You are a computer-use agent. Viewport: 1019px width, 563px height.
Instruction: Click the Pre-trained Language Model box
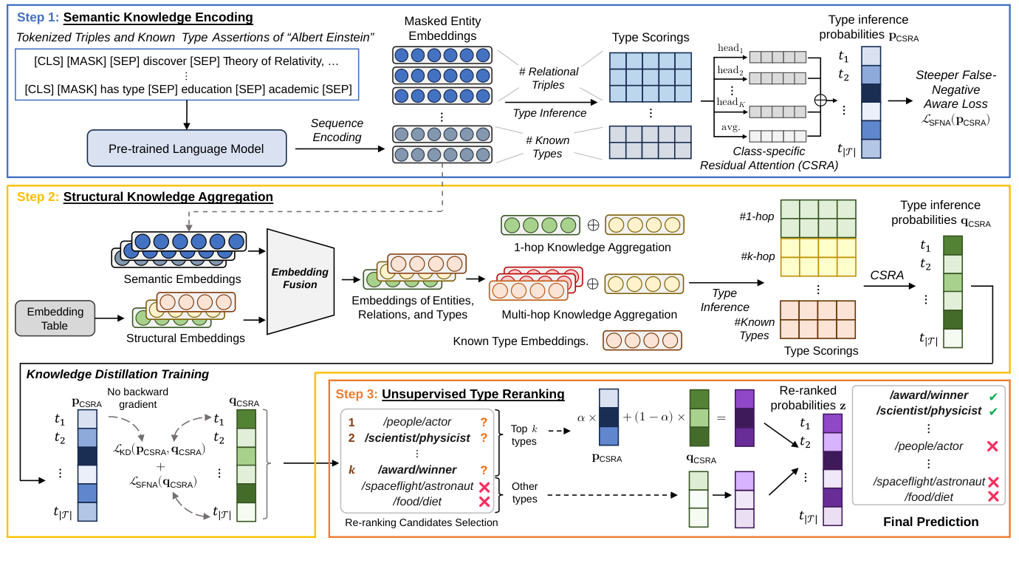186,149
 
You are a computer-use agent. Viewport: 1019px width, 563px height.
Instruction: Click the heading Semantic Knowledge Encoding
158,18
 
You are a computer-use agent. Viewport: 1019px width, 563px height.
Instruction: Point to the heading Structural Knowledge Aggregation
168,197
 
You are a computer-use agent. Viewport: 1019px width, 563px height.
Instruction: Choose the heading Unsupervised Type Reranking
473,394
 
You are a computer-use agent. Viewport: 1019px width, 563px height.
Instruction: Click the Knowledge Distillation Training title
117,374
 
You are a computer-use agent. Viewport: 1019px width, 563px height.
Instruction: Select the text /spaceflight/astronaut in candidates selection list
417,485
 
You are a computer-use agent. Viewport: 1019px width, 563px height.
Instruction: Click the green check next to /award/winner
992,397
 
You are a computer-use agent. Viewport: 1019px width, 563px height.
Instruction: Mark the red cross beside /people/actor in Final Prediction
992,446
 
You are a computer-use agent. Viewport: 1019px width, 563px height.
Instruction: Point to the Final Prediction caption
930,522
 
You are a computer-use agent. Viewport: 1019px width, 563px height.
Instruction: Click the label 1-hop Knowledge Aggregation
592,248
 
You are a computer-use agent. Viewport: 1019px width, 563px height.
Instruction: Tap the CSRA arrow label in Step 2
886,275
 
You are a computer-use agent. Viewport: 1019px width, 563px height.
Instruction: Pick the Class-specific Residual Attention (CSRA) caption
769,158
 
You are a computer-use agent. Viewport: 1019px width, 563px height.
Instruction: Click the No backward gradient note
137,397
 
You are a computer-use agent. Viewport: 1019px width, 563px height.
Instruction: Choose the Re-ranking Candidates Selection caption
421,522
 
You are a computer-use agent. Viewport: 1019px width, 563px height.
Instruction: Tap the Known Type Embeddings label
521,341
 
